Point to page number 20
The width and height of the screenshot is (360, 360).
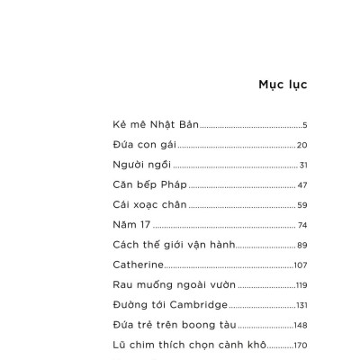pos(302,145)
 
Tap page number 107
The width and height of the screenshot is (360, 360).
pos(301,265)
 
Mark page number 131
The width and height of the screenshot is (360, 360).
pos(301,305)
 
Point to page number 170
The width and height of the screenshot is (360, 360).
pos(301,345)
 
